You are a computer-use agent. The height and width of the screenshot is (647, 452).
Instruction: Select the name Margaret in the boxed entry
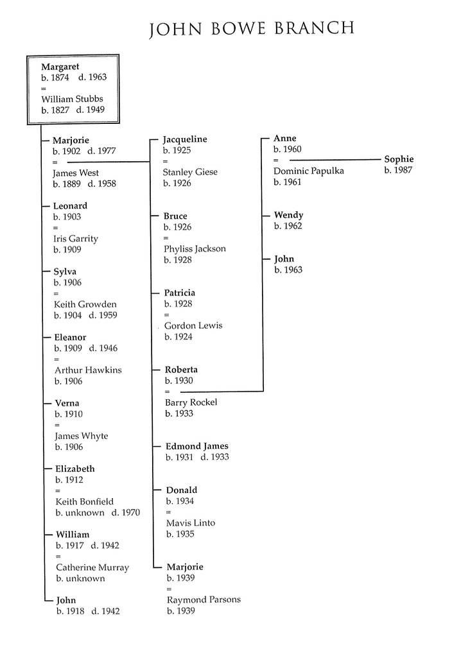click(x=60, y=66)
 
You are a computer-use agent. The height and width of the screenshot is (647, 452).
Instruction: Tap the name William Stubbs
click(x=71, y=99)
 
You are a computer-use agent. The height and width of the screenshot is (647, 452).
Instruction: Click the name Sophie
click(x=399, y=159)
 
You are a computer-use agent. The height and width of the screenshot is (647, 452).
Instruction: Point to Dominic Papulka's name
click(x=308, y=171)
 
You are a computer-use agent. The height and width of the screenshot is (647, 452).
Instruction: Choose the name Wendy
click(x=288, y=215)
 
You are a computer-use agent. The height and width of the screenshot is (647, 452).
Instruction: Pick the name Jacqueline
click(x=185, y=139)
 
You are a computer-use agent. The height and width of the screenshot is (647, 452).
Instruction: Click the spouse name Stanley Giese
click(x=190, y=172)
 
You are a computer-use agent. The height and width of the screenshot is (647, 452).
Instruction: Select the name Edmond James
click(x=197, y=446)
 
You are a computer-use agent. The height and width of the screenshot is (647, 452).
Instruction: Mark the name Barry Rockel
click(x=191, y=402)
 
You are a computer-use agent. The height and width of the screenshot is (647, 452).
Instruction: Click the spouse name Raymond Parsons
click(x=204, y=600)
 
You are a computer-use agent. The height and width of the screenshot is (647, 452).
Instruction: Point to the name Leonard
click(x=70, y=206)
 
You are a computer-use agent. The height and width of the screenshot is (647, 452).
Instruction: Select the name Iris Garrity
click(x=76, y=239)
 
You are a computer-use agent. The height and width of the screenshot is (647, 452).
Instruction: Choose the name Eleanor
click(x=69, y=338)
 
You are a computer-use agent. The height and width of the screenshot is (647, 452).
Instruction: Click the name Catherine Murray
click(x=92, y=567)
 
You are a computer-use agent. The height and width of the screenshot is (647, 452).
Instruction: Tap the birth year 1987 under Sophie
click(x=398, y=170)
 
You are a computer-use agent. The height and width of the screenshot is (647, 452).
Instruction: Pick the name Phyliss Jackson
click(x=195, y=248)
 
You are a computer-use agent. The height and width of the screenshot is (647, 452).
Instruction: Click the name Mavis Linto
click(x=190, y=523)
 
